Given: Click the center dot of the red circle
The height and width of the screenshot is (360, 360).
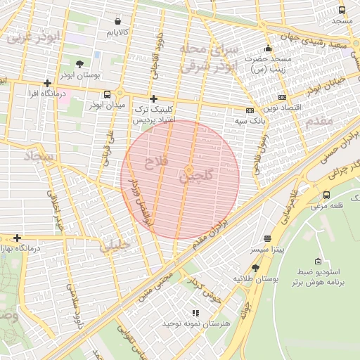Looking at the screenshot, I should pyautogui.click(x=188, y=171).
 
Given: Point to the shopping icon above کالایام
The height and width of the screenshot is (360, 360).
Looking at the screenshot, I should pyautogui.click(x=117, y=21).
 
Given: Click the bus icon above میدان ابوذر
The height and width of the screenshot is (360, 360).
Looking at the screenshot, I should pyautogui.click(x=107, y=94).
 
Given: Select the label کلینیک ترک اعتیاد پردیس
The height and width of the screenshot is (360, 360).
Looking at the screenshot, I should pyautogui.click(x=153, y=115).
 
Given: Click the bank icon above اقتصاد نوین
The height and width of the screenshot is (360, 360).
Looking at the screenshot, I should pyautogui.click(x=283, y=97).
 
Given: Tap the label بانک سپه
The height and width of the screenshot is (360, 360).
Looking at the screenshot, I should pyautogui.click(x=250, y=121).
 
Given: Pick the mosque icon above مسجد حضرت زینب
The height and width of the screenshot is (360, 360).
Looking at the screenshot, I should pyautogui.click(x=268, y=49).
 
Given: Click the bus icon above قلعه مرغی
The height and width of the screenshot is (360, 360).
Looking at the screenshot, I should pyautogui.click(x=327, y=195).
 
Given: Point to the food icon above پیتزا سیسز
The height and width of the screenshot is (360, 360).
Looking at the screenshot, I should pyautogui.click(x=266, y=238).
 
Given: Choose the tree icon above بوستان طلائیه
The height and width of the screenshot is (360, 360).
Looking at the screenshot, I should pyautogui.click(x=255, y=268).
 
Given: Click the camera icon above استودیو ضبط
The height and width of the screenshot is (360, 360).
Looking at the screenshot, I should pyautogui.click(x=318, y=260).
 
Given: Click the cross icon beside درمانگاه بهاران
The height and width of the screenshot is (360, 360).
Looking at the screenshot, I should pyautogui.click(x=18, y=238).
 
